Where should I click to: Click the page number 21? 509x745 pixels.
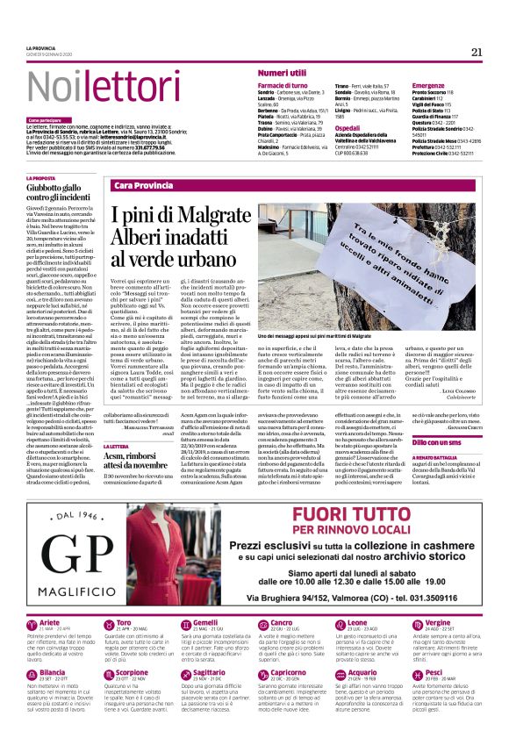477,52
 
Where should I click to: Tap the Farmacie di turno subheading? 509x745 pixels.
281,85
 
